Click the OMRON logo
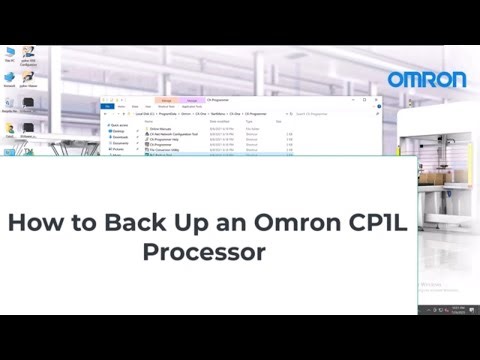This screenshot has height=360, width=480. pyautogui.click(x=427, y=79)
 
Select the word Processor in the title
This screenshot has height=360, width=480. pyautogui.click(x=204, y=251)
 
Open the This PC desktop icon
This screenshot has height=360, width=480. pyautogui.click(x=9, y=54)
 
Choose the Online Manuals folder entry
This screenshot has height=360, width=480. pyautogui.click(x=160, y=128)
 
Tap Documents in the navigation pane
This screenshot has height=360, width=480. pyautogui.click(x=119, y=142)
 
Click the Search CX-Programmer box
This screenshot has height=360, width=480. pyautogui.click(x=360, y=115)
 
